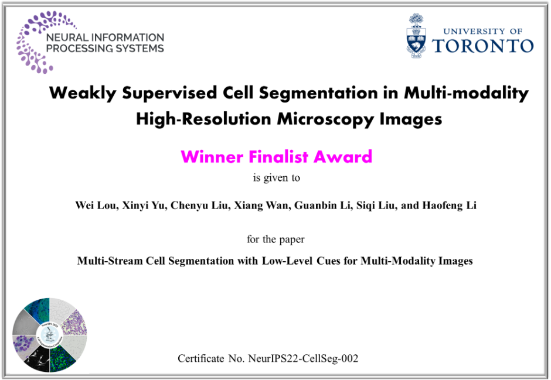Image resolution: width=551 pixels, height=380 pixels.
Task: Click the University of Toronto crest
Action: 416,36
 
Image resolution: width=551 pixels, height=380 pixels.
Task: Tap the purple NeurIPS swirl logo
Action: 35,42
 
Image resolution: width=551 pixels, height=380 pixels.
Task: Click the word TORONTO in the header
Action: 483,46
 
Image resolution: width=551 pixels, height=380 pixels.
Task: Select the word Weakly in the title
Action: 83,93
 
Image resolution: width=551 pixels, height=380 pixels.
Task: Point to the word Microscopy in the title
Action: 325,119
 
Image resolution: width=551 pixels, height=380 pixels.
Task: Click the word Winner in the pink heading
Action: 212,156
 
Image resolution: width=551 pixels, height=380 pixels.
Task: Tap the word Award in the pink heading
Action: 343,156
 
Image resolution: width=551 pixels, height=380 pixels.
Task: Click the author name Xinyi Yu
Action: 143,206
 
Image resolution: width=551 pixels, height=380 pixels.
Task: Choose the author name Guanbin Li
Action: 322,206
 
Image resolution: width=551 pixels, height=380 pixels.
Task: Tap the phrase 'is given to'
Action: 277,178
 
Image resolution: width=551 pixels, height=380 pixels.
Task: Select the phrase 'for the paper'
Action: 275,239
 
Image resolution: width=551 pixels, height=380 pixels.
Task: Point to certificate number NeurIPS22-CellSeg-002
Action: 303,358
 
